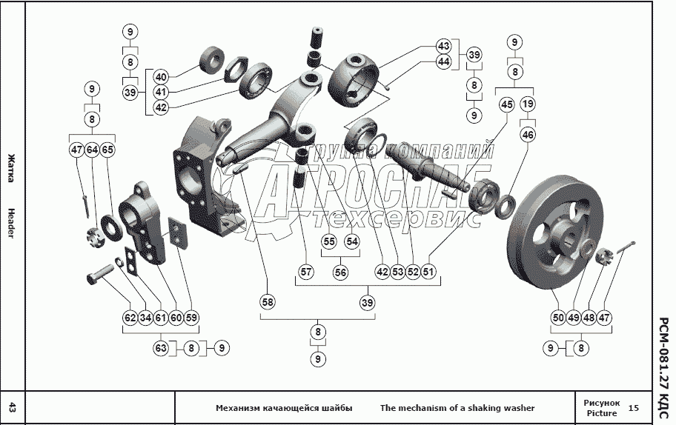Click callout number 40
pos(162,76)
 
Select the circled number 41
pos(162,92)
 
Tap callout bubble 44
pos(444,61)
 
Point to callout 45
pos(507,105)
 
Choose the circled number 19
pos(527,105)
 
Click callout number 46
pos(527,135)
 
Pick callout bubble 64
pos(92,150)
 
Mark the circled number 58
pos(267,302)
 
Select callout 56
pos(340,272)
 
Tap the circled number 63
pos(162,347)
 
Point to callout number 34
pos(145,318)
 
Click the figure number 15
pos(633,408)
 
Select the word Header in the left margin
pos(11,222)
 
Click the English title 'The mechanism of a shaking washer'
pos(457,408)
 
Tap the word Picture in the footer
pos(601,413)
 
